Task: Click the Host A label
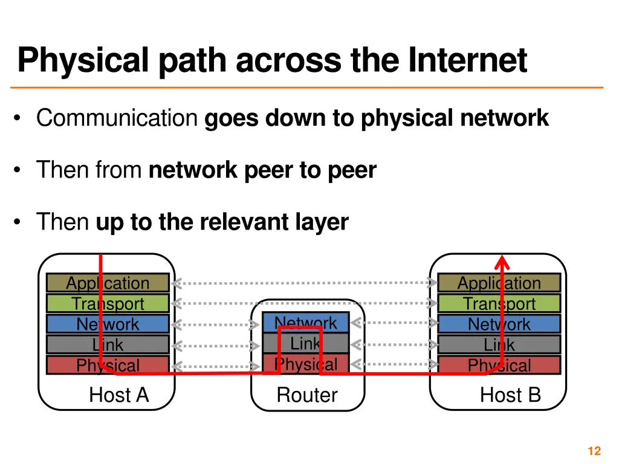point(118,395)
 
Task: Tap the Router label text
point(307,395)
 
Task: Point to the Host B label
point(510,395)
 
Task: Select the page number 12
point(594,451)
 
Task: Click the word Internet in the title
point(467,60)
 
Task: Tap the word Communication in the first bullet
point(117,118)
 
